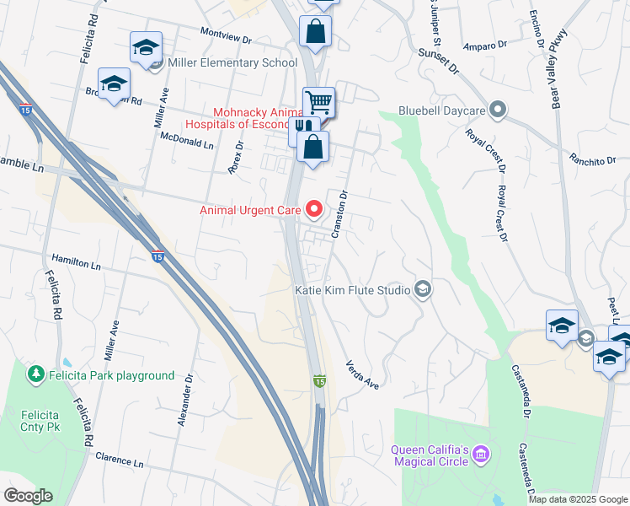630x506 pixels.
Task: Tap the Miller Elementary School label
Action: [232, 62]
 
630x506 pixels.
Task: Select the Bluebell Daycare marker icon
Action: [498, 110]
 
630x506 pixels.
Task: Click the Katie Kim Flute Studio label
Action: [352, 291]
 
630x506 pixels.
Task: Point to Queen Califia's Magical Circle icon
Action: [481, 455]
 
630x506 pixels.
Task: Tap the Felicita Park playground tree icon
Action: [35, 374]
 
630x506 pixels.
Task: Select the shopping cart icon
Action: [318, 103]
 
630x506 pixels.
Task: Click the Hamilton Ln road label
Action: [76, 263]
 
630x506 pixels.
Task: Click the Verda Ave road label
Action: [363, 374]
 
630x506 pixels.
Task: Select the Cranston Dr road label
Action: [339, 214]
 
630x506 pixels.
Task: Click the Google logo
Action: [28, 496]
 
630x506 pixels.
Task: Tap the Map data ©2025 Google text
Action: [578, 499]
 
